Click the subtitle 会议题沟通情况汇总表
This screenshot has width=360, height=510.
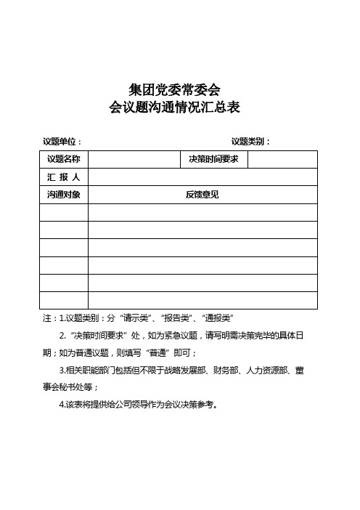pyautogui.click(x=174, y=108)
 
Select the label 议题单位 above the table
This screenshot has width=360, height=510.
pyautogui.click(x=62, y=142)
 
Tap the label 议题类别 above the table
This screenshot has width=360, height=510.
pyautogui.click(x=249, y=142)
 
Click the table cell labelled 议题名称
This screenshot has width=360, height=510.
pyautogui.click(x=63, y=159)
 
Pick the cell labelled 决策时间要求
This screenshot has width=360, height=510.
pyautogui.click(x=213, y=159)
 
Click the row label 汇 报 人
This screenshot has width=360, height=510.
pyautogui.click(x=63, y=177)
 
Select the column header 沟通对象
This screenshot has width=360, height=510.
pyautogui.click(x=63, y=195)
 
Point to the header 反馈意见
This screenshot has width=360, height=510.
pyautogui.click(x=202, y=195)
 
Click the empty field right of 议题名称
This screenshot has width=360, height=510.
pyautogui.click(x=134, y=159)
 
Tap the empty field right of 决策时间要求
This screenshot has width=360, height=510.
pyautogui.click(x=283, y=159)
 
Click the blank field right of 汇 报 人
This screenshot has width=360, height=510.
pyautogui.click(x=202, y=177)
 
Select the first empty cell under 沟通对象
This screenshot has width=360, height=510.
pyautogui.click(x=63, y=212)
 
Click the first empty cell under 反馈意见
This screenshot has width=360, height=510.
pyautogui.click(x=202, y=212)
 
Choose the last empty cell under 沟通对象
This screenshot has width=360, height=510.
pyautogui.click(x=63, y=300)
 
